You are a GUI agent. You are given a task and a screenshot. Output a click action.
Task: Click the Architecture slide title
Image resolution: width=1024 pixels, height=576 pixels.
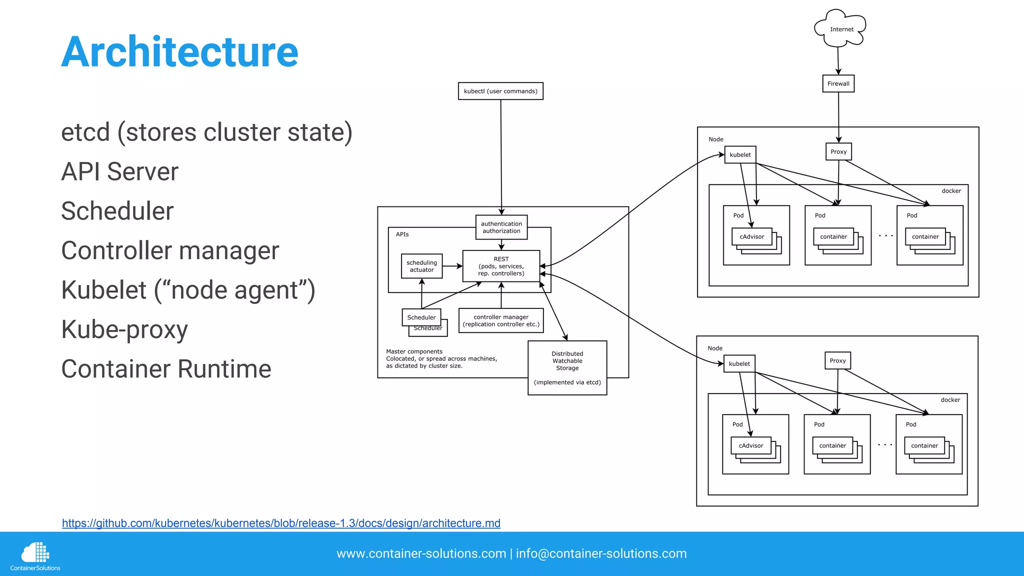[x=179, y=52]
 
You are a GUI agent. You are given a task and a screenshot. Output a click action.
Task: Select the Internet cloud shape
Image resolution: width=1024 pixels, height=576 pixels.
[x=840, y=29]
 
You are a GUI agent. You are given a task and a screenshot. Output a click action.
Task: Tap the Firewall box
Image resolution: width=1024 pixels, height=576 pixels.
[x=838, y=83]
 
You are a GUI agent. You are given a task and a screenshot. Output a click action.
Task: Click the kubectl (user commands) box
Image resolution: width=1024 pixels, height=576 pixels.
[x=500, y=91]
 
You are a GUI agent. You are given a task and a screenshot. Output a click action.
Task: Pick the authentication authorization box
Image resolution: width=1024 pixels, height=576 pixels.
[x=501, y=227]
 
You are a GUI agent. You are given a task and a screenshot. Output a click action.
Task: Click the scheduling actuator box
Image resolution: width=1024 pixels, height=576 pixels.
[x=422, y=266]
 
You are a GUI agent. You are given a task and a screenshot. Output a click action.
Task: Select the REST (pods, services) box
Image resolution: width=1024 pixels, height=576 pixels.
[x=501, y=266]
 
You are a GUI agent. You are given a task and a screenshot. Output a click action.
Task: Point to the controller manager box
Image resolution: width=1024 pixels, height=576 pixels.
[x=501, y=320]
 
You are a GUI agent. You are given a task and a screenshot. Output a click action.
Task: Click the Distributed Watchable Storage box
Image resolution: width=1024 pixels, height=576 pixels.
[x=567, y=367]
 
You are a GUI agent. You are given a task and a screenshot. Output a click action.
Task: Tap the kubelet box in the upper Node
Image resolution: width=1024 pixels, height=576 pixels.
[x=740, y=155]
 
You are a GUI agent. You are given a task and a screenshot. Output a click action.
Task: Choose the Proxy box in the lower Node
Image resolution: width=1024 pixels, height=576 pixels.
[x=837, y=360]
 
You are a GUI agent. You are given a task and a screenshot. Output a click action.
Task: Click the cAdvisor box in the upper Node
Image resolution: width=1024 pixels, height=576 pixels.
[x=751, y=236]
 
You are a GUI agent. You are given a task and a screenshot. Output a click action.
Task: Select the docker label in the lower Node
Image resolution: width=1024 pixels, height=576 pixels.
[x=950, y=400]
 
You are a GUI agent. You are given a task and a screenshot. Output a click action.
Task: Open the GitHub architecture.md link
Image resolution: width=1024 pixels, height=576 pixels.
[x=281, y=523]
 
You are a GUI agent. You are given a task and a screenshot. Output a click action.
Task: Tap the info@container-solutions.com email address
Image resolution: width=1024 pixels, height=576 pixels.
[x=601, y=553]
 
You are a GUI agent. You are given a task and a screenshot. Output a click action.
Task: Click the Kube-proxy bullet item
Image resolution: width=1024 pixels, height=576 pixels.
[x=124, y=329]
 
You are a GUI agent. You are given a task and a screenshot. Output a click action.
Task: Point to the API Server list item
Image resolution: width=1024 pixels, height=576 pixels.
[x=119, y=171]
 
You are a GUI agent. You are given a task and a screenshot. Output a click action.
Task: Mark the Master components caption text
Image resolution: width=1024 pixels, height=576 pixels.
[x=441, y=358]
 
